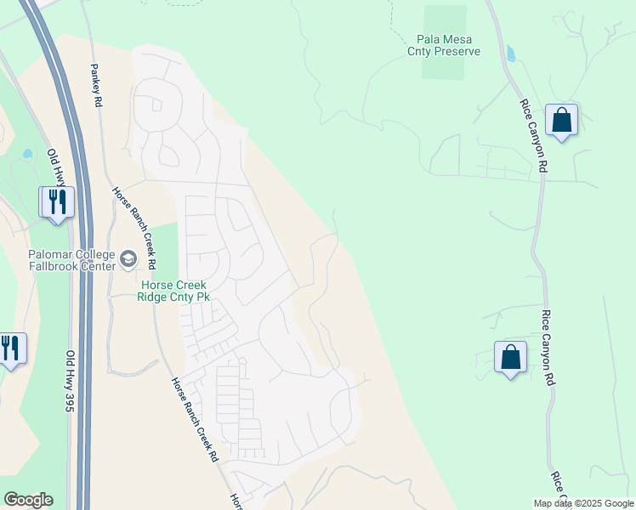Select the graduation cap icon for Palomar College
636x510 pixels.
point(128,258)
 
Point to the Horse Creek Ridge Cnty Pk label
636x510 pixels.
point(173,291)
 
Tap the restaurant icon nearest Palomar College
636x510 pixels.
point(57,203)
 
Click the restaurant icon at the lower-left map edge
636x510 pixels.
point(10,348)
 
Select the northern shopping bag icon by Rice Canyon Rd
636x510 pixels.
point(562,120)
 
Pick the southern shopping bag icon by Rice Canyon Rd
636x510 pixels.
point(510,358)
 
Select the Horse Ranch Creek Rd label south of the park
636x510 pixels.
point(194,420)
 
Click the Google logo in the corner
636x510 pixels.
point(28,500)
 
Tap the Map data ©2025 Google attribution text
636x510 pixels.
point(583,503)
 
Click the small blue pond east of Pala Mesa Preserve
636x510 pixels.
point(510,53)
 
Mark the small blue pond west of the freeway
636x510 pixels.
point(28,154)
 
